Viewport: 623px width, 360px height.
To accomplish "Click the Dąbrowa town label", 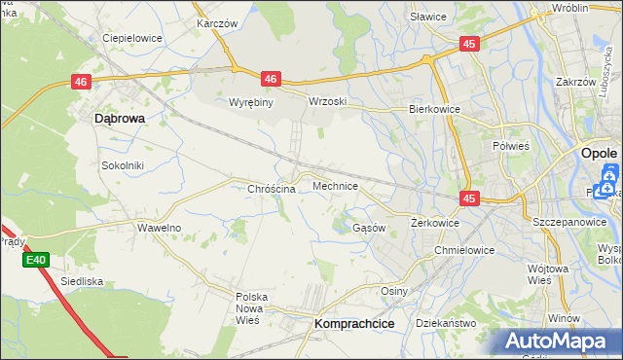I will [120, 118].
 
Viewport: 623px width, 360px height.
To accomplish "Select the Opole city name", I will [599, 154].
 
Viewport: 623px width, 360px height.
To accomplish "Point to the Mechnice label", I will [335, 185].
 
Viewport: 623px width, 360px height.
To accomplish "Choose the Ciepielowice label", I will [132, 38].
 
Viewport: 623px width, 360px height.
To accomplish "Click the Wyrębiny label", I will [249, 102].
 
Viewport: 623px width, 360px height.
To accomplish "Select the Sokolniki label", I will [123, 165].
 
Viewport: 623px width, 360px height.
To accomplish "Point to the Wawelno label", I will [158, 228].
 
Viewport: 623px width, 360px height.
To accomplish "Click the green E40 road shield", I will [36, 260].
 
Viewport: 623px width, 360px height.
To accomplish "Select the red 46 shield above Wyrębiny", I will [271, 79].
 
